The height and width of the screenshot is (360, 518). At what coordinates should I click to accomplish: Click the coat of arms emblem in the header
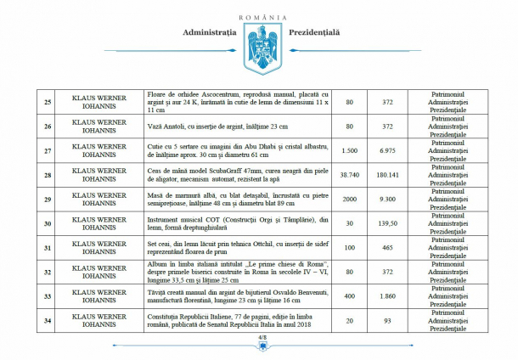(259, 47)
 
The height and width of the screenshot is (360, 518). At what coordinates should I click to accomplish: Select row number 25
(48, 103)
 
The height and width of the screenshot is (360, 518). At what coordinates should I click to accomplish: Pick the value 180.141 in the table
(386, 176)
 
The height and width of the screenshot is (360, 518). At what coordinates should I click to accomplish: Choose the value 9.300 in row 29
(386, 200)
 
